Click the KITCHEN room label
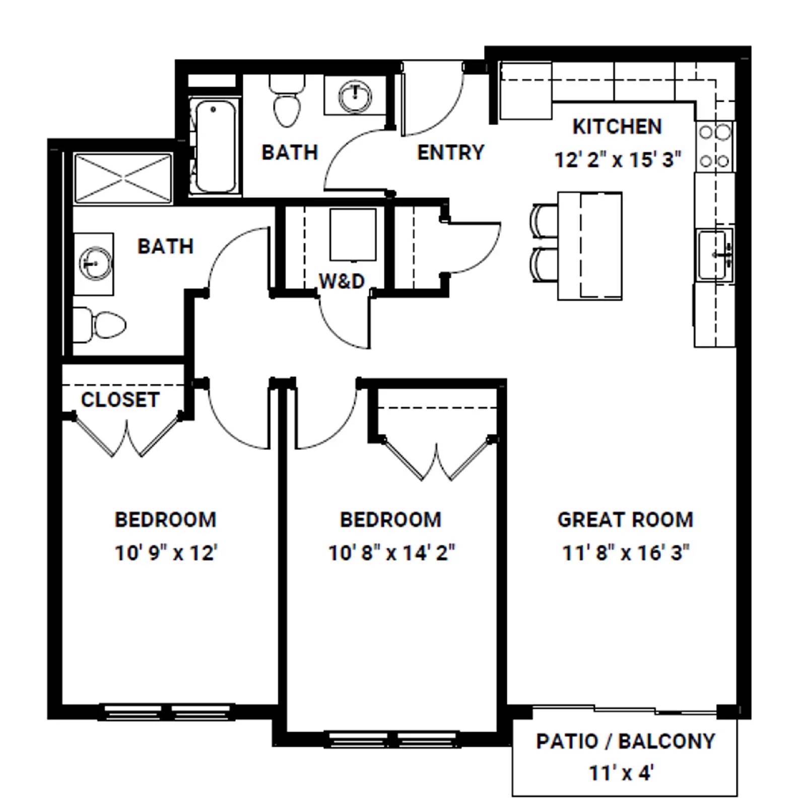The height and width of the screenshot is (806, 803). (x=617, y=126)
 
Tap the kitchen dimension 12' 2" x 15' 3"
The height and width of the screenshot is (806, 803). (x=618, y=160)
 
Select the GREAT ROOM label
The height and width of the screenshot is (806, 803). (x=625, y=519)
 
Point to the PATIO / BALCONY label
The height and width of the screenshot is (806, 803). (x=625, y=741)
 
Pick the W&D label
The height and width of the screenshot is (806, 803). (x=342, y=281)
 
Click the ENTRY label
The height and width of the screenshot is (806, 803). (x=450, y=152)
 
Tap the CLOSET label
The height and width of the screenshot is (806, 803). (x=120, y=399)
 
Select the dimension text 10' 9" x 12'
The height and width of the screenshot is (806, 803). (x=166, y=553)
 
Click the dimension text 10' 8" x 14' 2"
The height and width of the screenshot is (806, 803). (x=391, y=553)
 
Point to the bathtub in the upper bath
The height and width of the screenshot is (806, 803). (x=215, y=146)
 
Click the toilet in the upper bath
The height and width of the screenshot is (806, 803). (x=287, y=102)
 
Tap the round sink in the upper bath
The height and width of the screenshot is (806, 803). (x=355, y=96)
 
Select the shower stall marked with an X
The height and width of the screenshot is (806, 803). (x=123, y=179)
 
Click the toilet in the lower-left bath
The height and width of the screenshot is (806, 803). (x=101, y=324)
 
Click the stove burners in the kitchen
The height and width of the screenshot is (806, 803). (x=714, y=147)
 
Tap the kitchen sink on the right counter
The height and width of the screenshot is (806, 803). (x=714, y=254)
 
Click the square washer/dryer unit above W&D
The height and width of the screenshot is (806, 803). (x=353, y=234)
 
